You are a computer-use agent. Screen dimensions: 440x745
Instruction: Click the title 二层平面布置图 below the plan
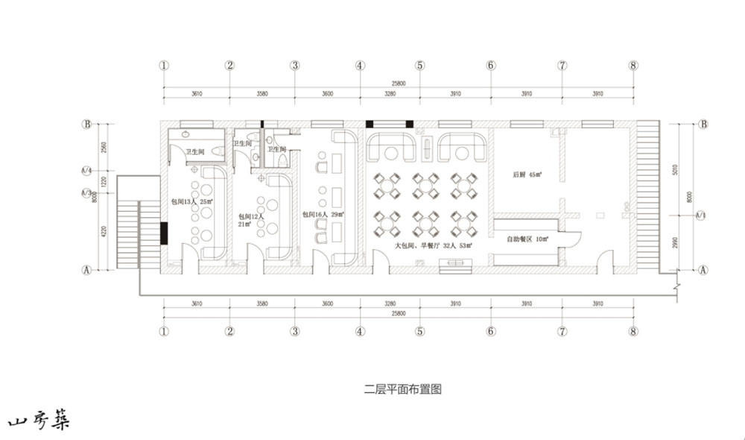(x=403, y=389)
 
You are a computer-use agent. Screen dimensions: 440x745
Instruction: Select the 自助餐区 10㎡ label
(x=527, y=239)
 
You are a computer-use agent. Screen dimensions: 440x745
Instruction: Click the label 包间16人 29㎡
(x=323, y=214)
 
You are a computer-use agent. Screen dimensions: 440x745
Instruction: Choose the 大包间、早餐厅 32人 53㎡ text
(x=437, y=245)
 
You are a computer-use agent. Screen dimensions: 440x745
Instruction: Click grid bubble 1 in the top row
(x=164, y=65)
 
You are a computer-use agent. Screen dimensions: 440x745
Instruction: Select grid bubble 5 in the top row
(x=420, y=65)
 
